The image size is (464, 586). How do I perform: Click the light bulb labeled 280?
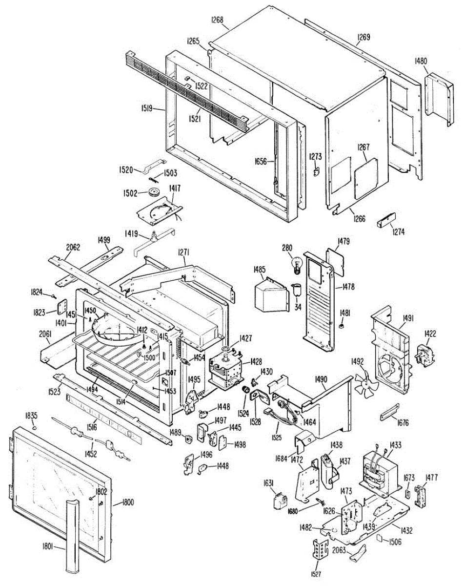[296, 266]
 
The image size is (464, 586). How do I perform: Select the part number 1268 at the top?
[217, 20]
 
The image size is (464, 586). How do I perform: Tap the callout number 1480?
[421, 61]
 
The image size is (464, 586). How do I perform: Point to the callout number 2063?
[339, 550]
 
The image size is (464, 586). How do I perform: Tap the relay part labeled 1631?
[280, 502]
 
